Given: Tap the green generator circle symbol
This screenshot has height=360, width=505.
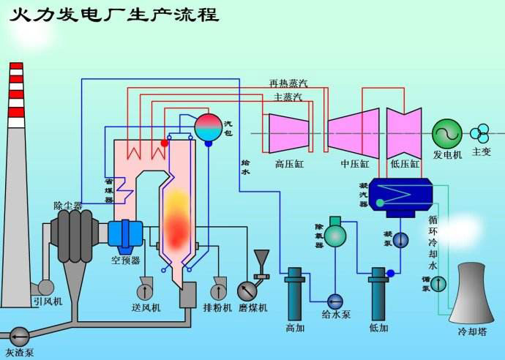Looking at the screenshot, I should click(446, 133).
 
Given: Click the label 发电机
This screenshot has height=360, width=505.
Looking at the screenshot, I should click(447, 154).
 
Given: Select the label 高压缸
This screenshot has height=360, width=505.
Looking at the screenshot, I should click(289, 164).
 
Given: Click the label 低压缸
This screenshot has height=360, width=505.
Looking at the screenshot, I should click(405, 164).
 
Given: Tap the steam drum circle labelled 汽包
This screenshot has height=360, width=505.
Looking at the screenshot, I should click(209, 127).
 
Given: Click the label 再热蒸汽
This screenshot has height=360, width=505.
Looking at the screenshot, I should click(288, 83).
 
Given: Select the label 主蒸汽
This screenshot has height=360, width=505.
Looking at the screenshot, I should click(288, 97).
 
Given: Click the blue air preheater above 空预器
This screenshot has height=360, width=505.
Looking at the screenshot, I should click(124, 233).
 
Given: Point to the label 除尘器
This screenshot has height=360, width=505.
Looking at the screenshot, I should click(68, 206).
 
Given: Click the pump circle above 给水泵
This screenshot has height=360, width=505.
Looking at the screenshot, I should click(336, 301).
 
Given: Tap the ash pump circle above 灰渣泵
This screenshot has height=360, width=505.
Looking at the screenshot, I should click(20, 337).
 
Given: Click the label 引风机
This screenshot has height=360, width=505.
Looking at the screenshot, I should click(47, 301).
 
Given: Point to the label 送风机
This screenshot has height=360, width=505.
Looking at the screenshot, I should click(146, 307).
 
